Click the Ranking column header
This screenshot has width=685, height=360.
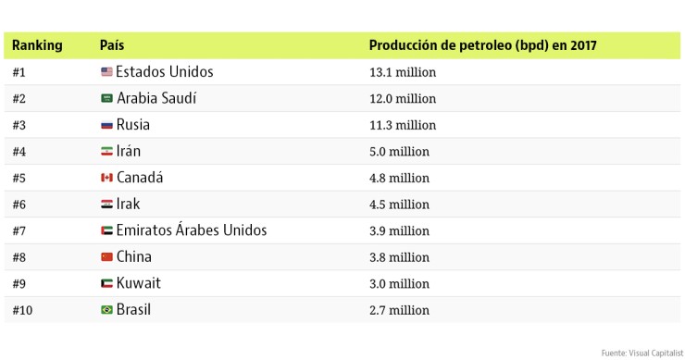37,45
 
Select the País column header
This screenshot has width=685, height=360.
112,45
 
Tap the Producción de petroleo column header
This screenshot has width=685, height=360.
482,45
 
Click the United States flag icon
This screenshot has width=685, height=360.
106,72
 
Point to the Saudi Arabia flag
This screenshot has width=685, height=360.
106,98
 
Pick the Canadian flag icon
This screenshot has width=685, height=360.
106,178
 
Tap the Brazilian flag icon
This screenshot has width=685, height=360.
106,310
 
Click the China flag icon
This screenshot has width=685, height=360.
106,257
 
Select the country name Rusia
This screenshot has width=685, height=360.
133,125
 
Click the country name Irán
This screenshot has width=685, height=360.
129,151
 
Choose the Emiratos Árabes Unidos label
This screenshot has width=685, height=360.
192,230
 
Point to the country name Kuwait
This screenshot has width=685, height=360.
139,283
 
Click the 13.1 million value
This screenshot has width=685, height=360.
403,72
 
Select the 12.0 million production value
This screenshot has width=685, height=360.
403,98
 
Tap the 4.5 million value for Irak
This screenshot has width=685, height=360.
399,205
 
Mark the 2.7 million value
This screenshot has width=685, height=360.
399,310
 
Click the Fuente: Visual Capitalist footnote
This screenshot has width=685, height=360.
640,352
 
